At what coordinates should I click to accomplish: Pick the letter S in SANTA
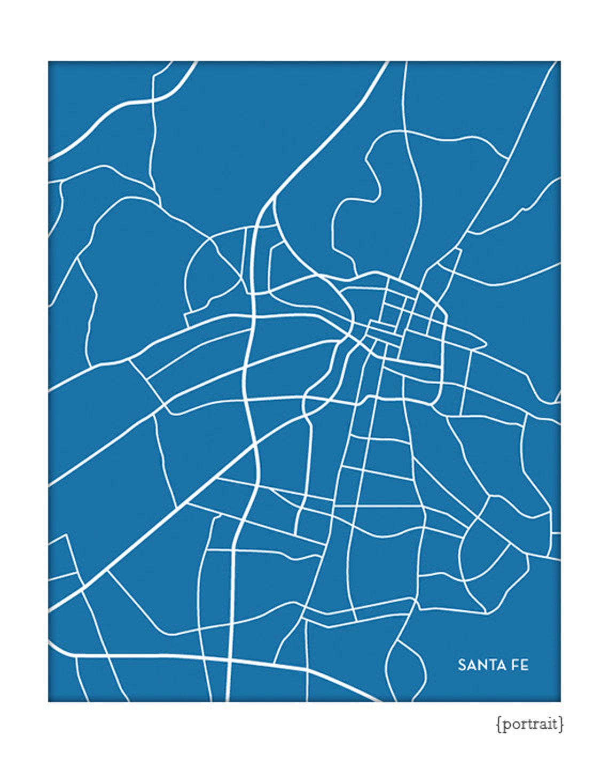tap(462, 665)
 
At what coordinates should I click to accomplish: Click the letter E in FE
tap(525, 665)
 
